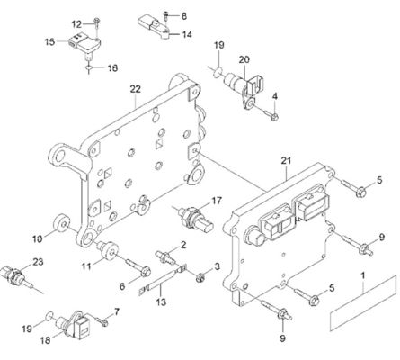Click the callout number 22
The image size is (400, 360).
pos(136,89)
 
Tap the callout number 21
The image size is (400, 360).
pos(286,160)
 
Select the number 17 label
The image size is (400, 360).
pos(217,201)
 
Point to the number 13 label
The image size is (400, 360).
pos(161,301)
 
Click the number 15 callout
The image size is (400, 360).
pos(50,41)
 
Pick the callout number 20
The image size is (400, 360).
pos(244,59)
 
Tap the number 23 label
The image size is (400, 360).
pos(38,262)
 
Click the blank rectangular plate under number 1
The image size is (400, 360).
pos(363,303)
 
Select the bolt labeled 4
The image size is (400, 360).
pos(271,115)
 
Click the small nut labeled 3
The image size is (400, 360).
pos(199,278)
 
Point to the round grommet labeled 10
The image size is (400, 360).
pos(61,223)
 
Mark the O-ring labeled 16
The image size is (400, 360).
pos(88,68)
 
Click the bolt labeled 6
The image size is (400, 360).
pos(138,267)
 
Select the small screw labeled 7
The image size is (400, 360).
pos(102,321)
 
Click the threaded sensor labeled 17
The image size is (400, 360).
pos(195,220)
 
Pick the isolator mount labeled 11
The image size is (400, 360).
pos(108,249)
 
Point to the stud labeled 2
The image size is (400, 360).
pos(165,258)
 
